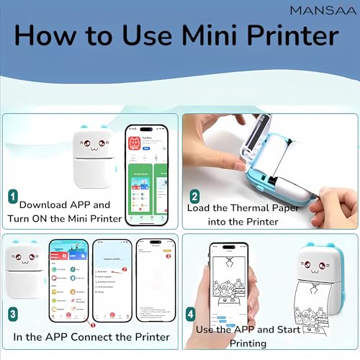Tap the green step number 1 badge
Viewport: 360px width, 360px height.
click(13, 195)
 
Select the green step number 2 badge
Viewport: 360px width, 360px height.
click(193, 196)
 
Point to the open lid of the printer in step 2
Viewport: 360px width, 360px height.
click(274, 140)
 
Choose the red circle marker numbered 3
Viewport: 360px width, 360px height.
click(168, 256)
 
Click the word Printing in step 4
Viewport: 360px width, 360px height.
click(253, 344)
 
